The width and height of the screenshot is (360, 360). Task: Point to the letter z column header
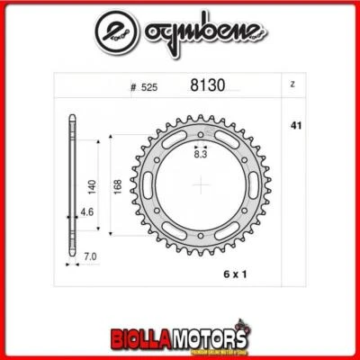pyautogui.click(x=293, y=85)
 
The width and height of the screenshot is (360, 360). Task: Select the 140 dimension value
pyautogui.click(x=91, y=187)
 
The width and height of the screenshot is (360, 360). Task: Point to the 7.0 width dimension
pyautogui.click(x=89, y=256)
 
